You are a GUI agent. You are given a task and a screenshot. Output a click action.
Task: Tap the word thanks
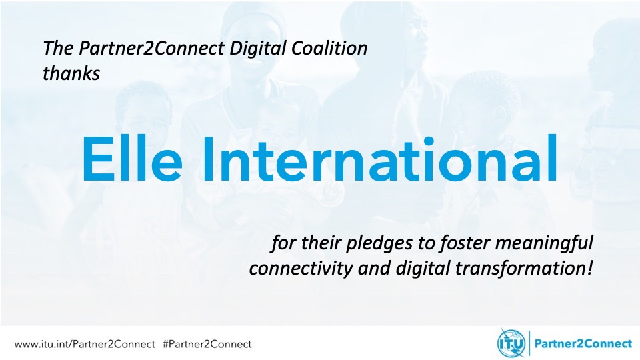coord(71,73)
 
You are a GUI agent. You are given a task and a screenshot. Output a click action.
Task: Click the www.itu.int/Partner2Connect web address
coord(85,345)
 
